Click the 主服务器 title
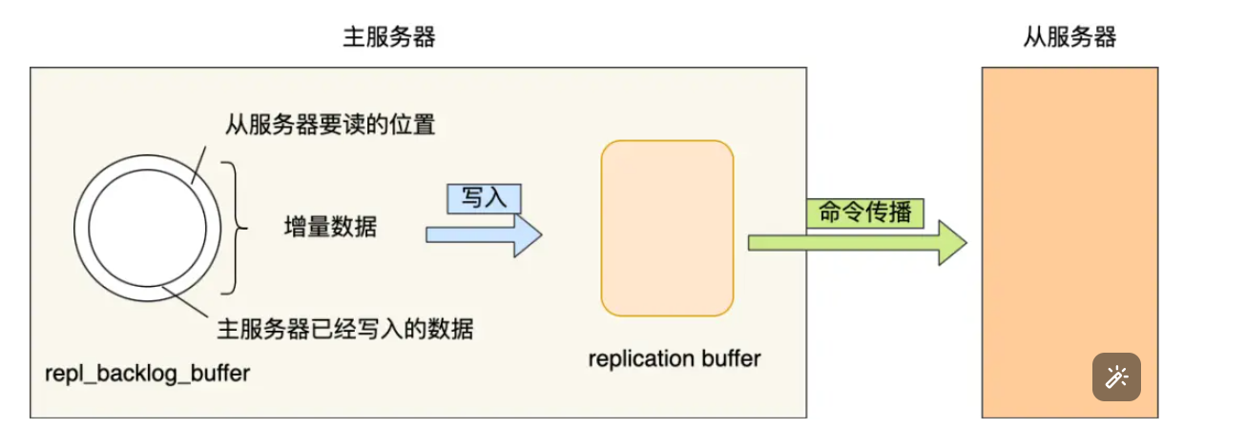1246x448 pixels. click(389, 37)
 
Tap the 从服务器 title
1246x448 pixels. click(1069, 37)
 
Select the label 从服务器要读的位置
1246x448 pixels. click(330, 125)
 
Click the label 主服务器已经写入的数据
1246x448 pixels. click(345, 330)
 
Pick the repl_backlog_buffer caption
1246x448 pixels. click(147, 373)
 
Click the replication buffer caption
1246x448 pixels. click(675, 358)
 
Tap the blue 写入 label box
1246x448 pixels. click(484, 197)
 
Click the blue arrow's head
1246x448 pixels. click(528, 234)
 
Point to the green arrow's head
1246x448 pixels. click(952, 242)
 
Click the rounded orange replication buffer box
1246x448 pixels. click(667, 228)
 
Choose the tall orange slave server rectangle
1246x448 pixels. click(1069, 210)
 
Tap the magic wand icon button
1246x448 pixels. click(1116, 377)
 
